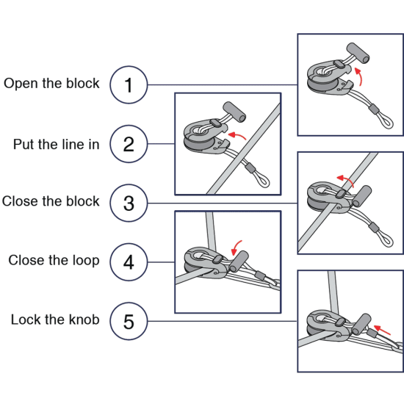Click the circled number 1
(x=129, y=84)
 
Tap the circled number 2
(x=129, y=143)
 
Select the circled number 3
(x=129, y=202)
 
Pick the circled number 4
(x=129, y=261)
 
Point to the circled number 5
(x=129, y=321)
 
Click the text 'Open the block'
(x=51, y=84)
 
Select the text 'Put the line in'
(x=56, y=144)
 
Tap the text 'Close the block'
(x=51, y=201)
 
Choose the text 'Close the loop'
(x=54, y=261)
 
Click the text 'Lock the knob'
(x=52, y=320)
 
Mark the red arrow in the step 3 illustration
(x=345, y=178)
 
